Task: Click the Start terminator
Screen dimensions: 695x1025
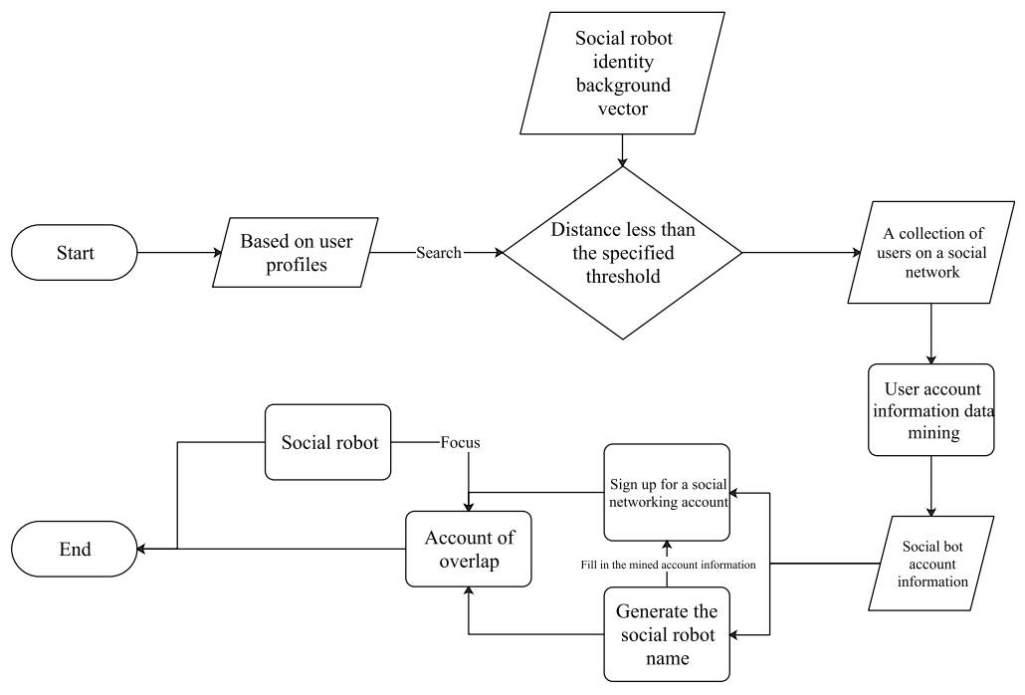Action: coord(74,252)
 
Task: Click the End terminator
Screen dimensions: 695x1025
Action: coord(74,549)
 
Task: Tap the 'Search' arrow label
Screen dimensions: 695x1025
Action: coord(438,253)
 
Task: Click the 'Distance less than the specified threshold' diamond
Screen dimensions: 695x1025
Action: coord(622,253)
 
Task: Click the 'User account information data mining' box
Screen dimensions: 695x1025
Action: coord(930,409)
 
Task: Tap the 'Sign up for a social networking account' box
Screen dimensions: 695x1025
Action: coord(667,492)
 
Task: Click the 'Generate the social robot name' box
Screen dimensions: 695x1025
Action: coord(666,633)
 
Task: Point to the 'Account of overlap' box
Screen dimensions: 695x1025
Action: coord(469,549)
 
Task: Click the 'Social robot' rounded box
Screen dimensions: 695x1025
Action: coord(328,443)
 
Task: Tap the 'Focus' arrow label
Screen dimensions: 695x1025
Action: coord(460,443)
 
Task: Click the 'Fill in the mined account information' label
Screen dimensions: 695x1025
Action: coord(666,565)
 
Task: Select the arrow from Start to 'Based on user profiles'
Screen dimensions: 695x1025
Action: coord(179,253)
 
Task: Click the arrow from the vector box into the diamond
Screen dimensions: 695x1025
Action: coord(623,149)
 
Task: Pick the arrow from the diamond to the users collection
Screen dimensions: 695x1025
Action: coord(796,253)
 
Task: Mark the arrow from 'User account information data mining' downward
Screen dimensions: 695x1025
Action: coord(930,485)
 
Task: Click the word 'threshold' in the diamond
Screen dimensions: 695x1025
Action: coord(623,276)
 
